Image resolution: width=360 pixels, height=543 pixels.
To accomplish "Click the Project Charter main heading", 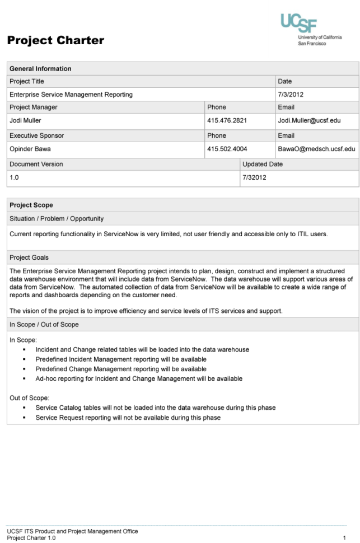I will (55, 41).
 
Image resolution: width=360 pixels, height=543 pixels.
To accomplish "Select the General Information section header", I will (40, 69).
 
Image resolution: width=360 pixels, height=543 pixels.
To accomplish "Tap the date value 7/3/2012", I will (289, 94).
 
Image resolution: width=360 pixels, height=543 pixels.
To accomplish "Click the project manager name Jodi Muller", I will (25, 120).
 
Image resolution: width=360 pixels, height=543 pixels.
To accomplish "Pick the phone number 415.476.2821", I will (227, 120).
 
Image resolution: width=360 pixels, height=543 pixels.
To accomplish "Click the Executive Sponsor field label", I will (36, 135).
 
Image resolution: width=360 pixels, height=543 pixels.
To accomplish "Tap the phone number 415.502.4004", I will (227, 149).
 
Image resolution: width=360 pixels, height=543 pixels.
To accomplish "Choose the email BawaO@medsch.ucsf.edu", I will (316, 149).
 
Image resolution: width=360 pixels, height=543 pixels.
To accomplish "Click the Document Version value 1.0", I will (15, 177).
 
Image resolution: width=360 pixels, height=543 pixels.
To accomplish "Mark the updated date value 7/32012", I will (254, 177).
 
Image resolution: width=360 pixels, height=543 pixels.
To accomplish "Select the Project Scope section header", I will (31, 205).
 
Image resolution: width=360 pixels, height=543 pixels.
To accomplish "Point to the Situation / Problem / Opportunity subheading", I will (57, 218).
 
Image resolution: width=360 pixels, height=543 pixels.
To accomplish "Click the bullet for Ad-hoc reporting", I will (26, 379).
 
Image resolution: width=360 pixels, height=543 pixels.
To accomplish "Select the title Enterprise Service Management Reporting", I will (71, 94).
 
